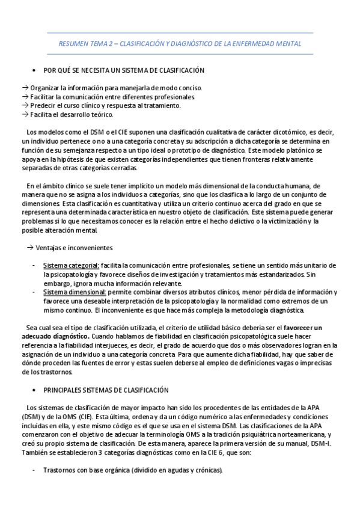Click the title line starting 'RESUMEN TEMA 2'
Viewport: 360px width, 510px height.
(180, 44)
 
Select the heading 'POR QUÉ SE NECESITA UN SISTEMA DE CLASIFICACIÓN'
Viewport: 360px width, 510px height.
(124, 70)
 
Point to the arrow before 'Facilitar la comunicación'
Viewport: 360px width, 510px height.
(25, 97)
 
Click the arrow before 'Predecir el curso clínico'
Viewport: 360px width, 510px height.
(25, 106)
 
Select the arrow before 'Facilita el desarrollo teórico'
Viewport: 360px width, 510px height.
(25, 114)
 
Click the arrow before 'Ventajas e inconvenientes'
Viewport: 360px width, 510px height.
(31, 248)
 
